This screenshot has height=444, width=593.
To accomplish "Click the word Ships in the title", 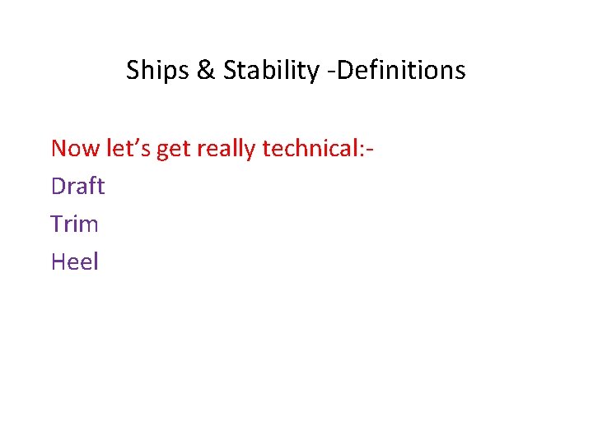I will point(157,71).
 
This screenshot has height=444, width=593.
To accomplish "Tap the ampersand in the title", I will point(205,71).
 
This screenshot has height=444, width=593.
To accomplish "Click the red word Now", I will point(76,149).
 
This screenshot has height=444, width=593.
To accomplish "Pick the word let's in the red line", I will point(127,148).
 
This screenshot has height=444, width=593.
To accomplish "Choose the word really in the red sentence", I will point(226,149).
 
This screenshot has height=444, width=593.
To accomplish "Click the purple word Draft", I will point(77,186).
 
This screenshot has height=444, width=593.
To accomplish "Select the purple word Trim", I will point(74,224).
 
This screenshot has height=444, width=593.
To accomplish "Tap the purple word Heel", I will point(74,261).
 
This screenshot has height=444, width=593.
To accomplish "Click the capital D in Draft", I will point(58,186).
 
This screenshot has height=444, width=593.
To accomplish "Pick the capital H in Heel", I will point(58,261).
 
